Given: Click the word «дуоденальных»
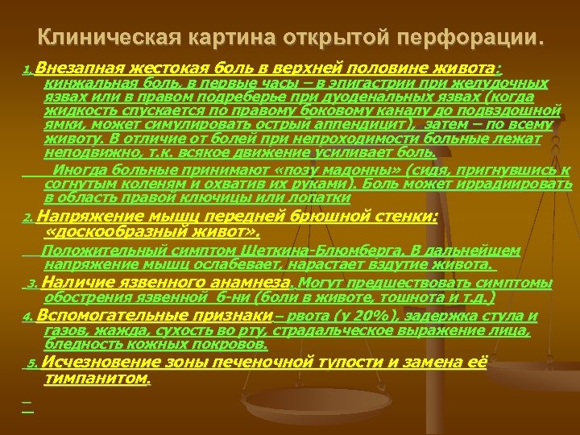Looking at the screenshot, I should point(351,97).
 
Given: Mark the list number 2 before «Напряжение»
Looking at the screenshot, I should point(27,217).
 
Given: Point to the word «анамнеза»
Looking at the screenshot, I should point(246,283).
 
